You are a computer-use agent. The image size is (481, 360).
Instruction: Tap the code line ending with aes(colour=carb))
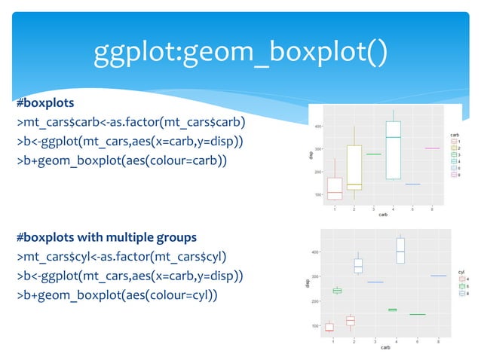pos(118,160)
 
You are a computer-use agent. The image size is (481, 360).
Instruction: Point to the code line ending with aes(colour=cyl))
pos(115,295)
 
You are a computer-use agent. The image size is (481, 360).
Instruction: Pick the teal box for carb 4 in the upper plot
pos(393,150)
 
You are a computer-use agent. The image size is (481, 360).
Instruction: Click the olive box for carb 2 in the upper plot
pos(354,167)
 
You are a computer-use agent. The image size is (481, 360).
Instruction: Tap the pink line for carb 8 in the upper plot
pos(432,148)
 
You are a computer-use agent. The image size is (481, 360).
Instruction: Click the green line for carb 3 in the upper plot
pos(373,154)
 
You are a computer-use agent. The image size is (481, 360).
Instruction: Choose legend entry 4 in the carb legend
pos(455,160)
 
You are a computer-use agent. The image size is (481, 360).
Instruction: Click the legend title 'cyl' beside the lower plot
pos(461,271)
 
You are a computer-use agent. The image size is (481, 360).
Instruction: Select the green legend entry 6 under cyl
pos(461,286)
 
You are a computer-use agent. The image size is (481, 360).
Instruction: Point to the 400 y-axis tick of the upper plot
pos(320,127)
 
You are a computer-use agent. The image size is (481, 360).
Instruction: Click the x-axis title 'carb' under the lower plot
pos(385,347)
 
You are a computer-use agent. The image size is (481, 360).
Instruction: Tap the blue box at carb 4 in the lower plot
pos(400,251)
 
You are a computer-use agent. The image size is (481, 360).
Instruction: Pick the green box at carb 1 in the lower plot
pos(337,291)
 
